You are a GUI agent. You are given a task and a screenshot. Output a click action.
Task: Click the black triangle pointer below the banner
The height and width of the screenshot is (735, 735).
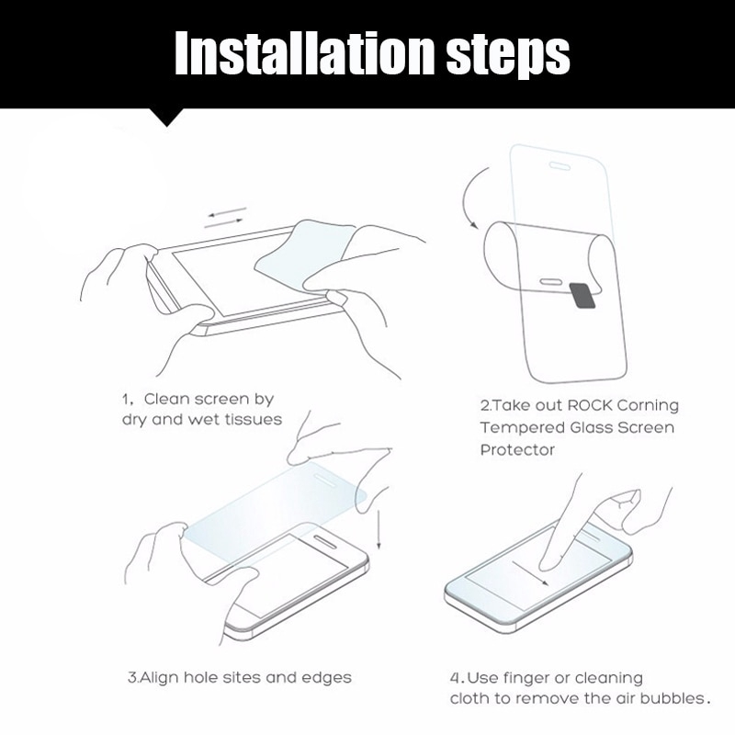click(166, 117)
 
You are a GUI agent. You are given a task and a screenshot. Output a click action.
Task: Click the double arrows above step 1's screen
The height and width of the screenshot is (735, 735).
click(225, 217)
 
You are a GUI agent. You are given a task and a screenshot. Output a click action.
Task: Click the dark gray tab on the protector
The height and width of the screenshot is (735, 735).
click(582, 294)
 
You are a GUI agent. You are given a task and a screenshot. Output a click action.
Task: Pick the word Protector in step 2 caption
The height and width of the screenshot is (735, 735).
click(517, 450)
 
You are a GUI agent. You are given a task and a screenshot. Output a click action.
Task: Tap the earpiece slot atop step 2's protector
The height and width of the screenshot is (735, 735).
click(560, 166)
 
